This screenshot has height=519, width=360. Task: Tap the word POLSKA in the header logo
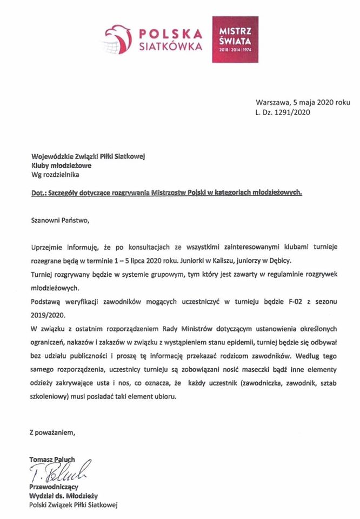tap(171, 34)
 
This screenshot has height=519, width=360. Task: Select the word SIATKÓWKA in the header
tap(171, 46)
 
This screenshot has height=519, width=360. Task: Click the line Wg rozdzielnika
tap(57, 175)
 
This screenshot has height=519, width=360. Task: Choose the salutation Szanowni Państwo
tap(58, 220)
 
